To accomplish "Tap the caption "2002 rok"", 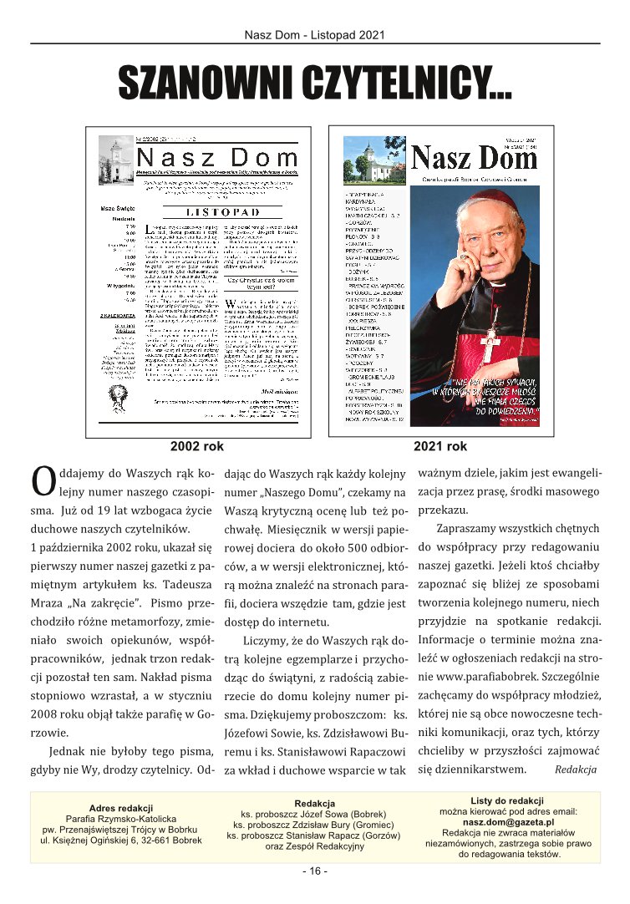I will tap(197, 446).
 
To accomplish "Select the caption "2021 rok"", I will tap(440, 446).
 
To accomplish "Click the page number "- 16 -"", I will tap(315, 871).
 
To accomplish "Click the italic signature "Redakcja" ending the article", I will tap(575, 769).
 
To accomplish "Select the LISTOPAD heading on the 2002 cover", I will tap(221, 213).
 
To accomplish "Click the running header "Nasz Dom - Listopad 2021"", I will tap(315, 35).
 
